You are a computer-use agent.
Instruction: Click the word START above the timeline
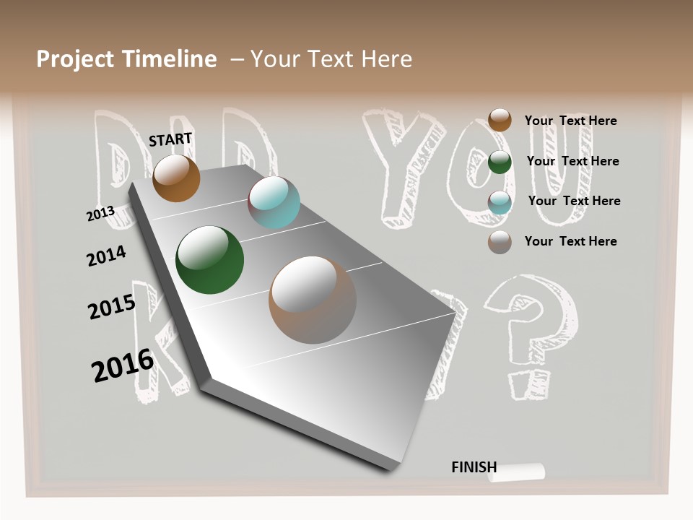click(x=170, y=139)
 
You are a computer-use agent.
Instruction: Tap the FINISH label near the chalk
click(x=474, y=467)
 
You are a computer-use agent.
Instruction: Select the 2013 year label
click(x=101, y=213)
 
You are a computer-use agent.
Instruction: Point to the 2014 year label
click(x=106, y=256)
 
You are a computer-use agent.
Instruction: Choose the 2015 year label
click(x=112, y=307)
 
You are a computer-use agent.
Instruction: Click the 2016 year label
click(x=123, y=365)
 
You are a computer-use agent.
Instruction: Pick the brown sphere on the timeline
click(x=176, y=178)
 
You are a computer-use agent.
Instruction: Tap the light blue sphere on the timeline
click(x=274, y=202)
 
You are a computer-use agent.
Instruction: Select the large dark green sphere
click(x=210, y=260)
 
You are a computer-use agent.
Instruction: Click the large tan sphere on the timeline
click(x=313, y=300)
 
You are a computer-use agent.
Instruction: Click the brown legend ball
click(x=500, y=120)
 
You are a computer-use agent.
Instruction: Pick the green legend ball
click(x=500, y=162)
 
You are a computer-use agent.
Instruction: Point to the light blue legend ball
click(x=500, y=201)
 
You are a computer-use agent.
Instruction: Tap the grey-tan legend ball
click(x=500, y=242)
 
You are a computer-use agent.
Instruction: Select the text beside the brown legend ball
click(x=570, y=121)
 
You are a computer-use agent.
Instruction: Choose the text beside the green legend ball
click(x=572, y=161)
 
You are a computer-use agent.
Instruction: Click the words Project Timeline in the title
click(x=126, y=59)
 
